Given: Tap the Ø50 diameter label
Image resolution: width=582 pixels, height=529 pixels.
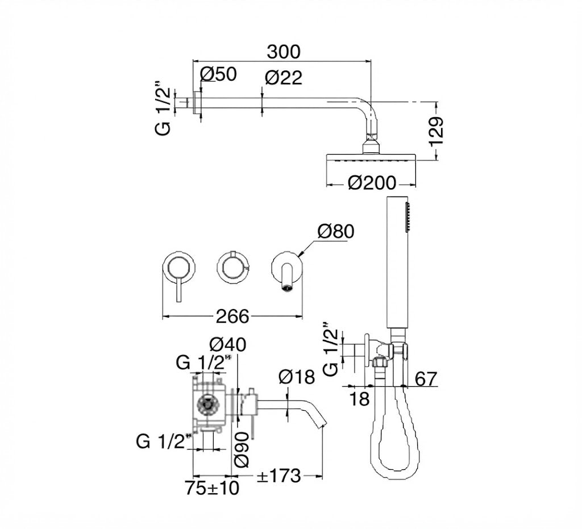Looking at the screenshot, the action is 218,74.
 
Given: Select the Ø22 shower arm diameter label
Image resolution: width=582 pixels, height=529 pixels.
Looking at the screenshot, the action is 284,77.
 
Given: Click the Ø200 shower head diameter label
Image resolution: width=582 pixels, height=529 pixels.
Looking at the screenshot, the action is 372,183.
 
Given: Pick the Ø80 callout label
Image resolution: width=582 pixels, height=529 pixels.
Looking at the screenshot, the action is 336,231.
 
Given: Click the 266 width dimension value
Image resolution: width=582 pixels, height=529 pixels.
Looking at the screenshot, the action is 232,316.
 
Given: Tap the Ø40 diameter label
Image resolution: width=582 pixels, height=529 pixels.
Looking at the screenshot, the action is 227,345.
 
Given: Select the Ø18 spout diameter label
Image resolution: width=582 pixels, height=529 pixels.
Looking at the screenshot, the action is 297,377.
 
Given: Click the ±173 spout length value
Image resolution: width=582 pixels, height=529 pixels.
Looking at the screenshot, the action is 278,476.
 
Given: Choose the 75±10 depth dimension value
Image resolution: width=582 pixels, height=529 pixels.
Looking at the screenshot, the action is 213,488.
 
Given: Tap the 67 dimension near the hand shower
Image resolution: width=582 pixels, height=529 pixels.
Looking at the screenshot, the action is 426,379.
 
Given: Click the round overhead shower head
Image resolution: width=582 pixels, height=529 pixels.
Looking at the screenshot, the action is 371,157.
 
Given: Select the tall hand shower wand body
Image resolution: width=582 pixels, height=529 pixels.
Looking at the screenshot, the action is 397,261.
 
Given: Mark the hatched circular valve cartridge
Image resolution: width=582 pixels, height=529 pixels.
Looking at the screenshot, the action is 208,405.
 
